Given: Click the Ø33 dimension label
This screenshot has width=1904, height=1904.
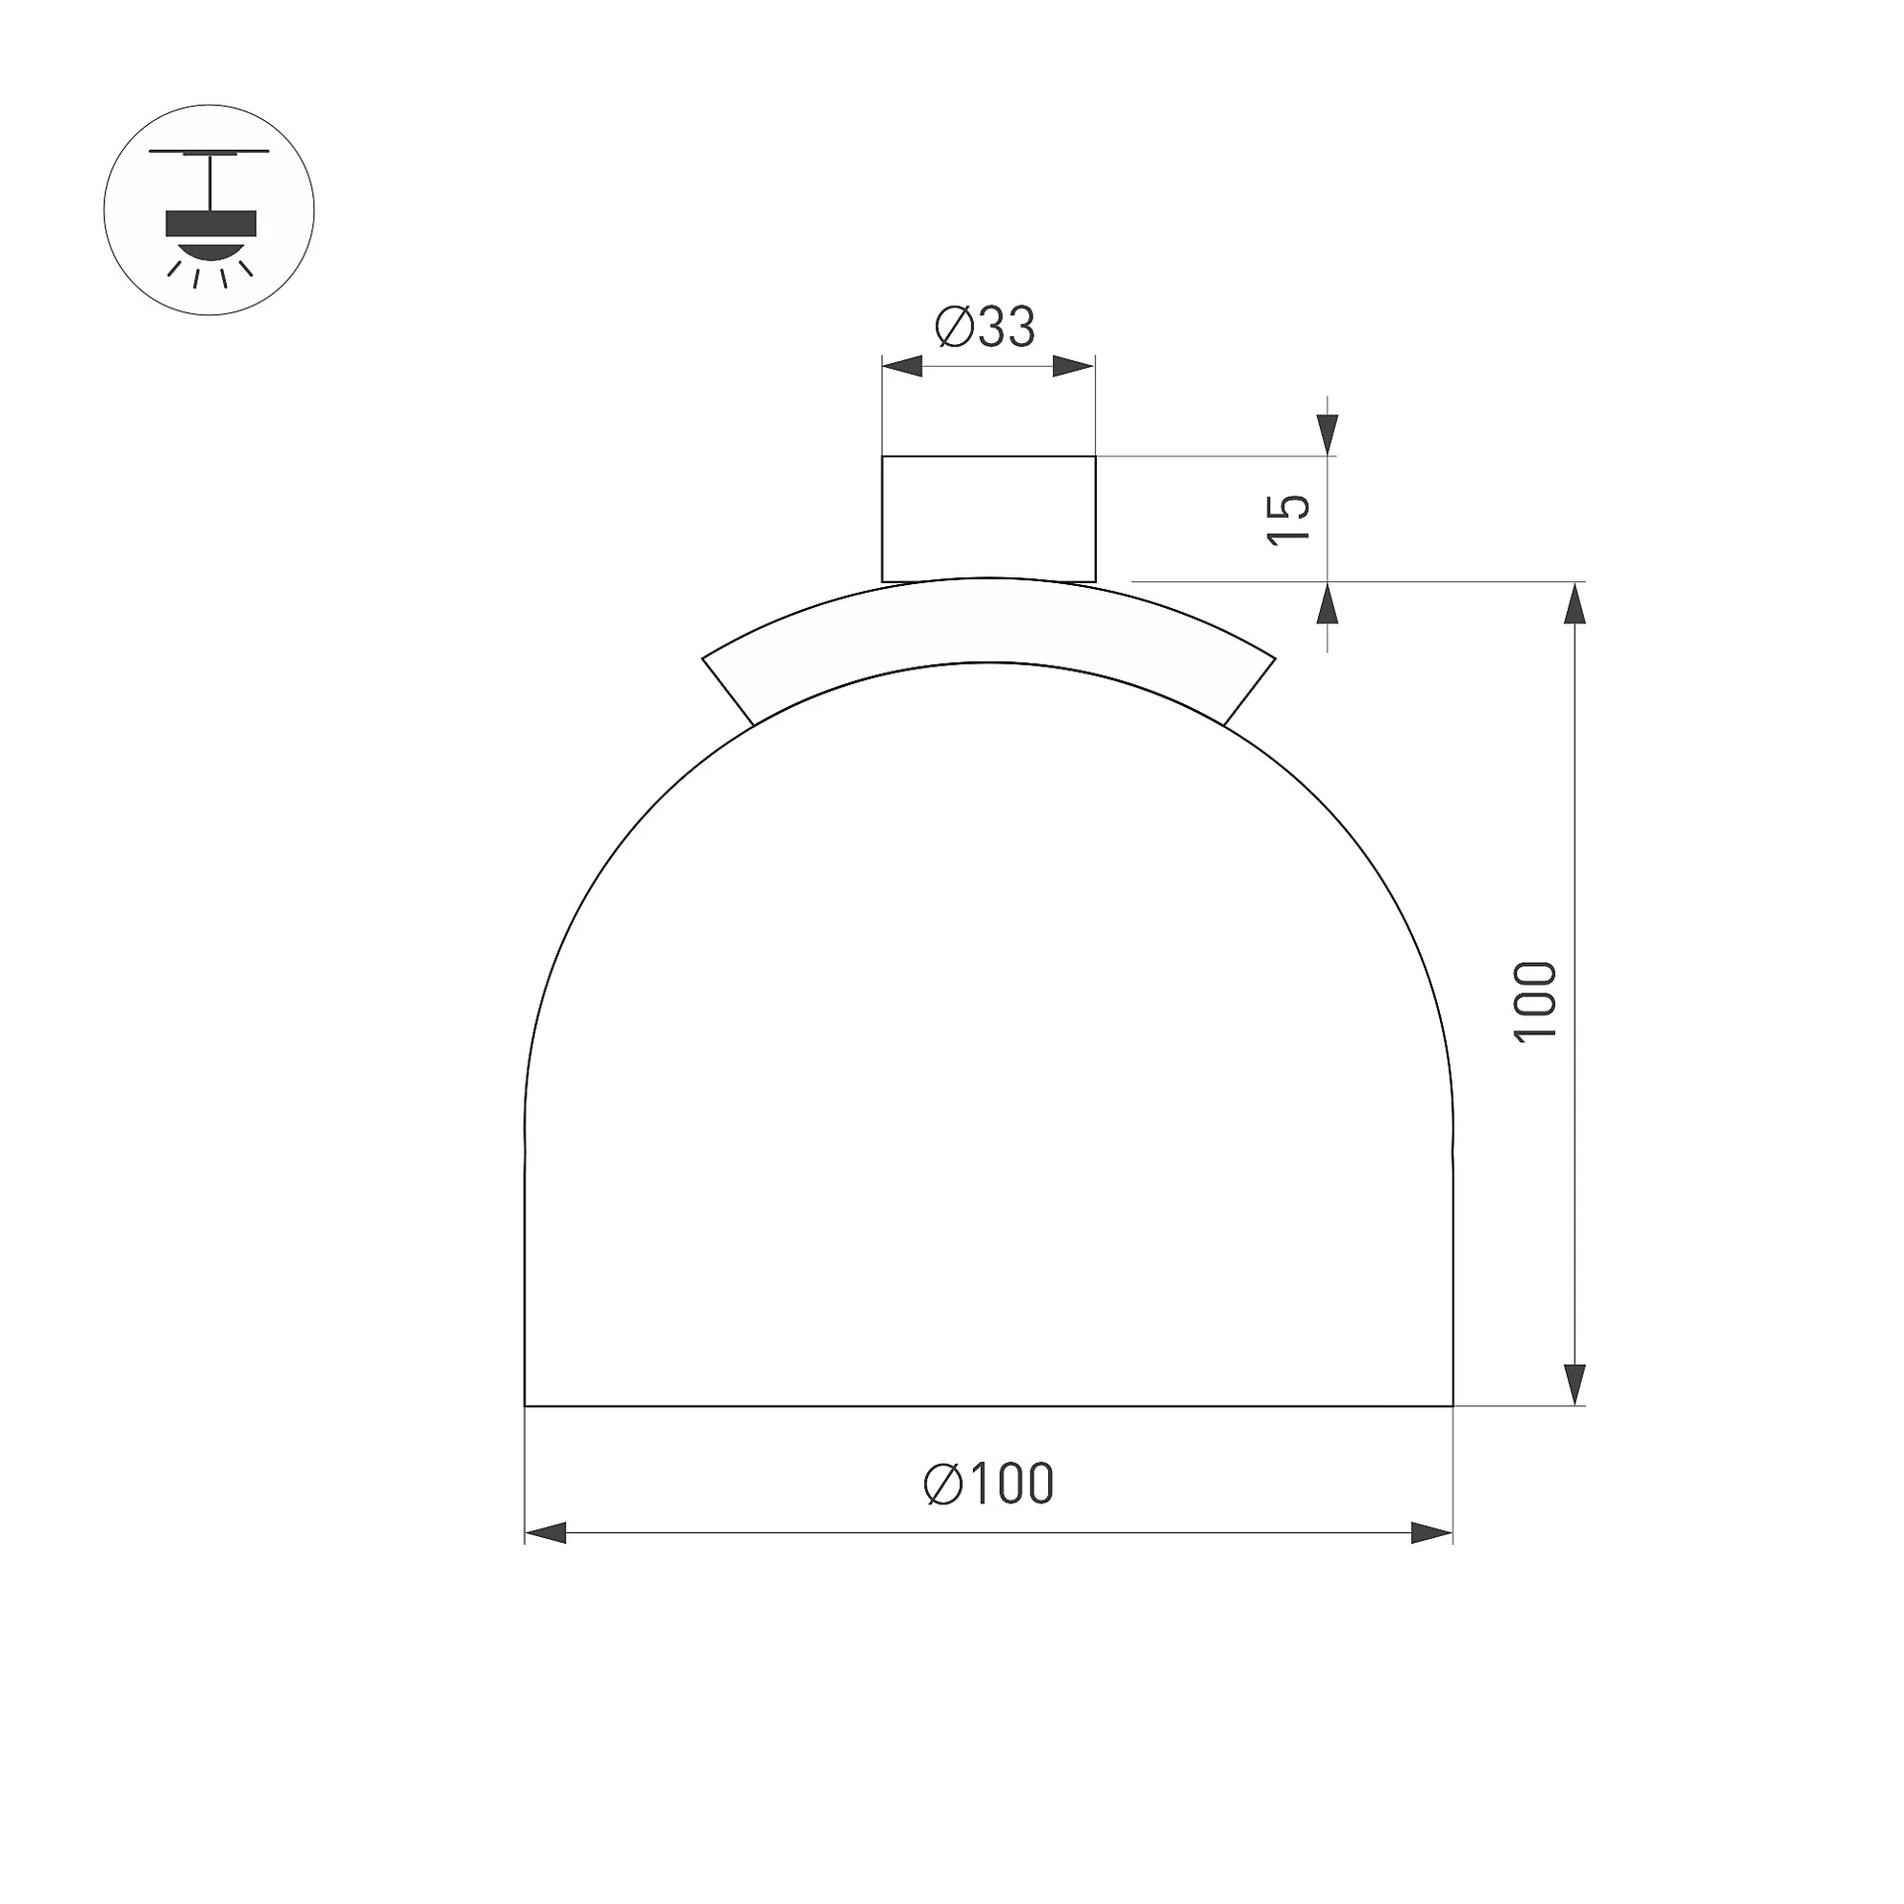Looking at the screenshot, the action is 985,327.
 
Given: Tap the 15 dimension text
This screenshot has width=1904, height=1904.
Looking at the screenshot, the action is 1289,519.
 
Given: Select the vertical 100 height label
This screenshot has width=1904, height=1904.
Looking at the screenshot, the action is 1536,1001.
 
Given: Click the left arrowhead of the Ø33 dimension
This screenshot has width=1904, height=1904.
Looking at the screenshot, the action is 902,366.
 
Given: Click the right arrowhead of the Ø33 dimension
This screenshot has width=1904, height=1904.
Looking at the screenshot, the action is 1074,366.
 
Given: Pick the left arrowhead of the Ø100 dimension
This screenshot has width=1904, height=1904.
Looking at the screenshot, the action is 545,1533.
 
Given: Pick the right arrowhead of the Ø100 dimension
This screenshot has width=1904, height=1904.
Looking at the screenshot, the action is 1432,1533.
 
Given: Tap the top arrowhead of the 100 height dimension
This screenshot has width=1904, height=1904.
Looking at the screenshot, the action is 1575,603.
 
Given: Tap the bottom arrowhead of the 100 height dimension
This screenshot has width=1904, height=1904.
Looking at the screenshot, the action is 1575,1384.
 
